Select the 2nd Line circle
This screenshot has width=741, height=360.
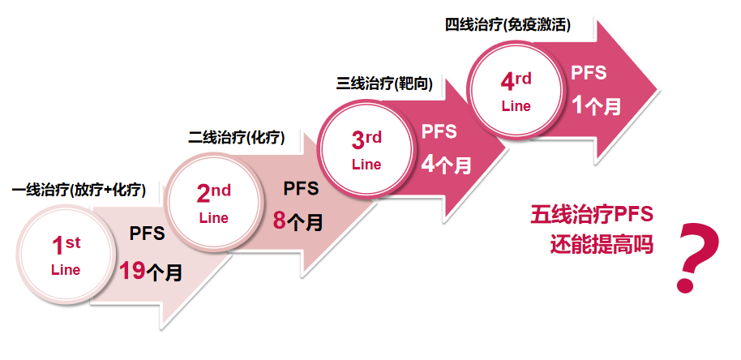(213, 204)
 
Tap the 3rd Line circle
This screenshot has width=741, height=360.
(366, 151)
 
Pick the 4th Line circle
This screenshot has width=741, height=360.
(516, 91)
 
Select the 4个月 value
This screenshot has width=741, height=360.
(446, 165)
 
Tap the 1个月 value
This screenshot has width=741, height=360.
(596, 105)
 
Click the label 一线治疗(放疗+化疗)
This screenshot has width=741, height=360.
(79, 190)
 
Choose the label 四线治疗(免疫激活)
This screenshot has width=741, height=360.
(508, 24)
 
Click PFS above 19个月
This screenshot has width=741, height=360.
(147, 234)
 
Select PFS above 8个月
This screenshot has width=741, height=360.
(301, 188)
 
